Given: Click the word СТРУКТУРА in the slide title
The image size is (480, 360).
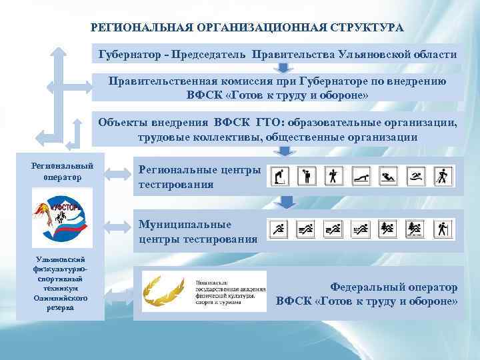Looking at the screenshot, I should click(364, 28).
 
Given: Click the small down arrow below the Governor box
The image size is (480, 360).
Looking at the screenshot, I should click(284, 68).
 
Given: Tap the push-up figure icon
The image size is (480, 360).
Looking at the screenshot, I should click(361, 176).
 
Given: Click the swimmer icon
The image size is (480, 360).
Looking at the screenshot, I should click(416, 176).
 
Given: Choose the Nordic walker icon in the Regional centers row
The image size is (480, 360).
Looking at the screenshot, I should click(442, 176).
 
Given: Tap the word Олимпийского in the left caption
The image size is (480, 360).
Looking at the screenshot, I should click(61, 300).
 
